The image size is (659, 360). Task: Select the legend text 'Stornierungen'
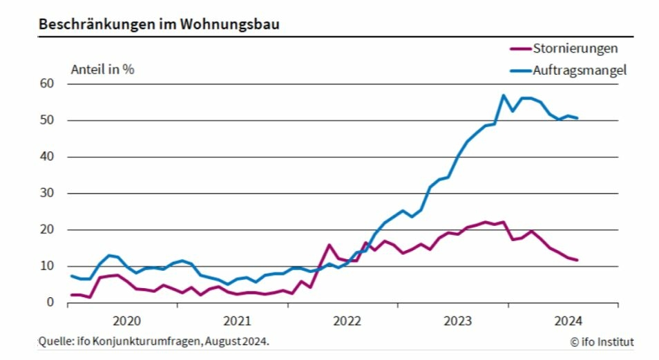575,48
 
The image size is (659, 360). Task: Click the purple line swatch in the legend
519,48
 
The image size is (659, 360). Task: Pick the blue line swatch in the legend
519,70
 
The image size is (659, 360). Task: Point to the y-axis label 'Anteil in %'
102,69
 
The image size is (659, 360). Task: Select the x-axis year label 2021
237,321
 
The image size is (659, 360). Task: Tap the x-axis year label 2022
347,321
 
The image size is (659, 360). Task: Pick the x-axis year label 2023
457,321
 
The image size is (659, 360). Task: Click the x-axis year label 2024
568,321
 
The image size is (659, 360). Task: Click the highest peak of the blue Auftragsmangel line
504,95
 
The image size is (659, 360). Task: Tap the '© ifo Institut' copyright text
601,341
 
